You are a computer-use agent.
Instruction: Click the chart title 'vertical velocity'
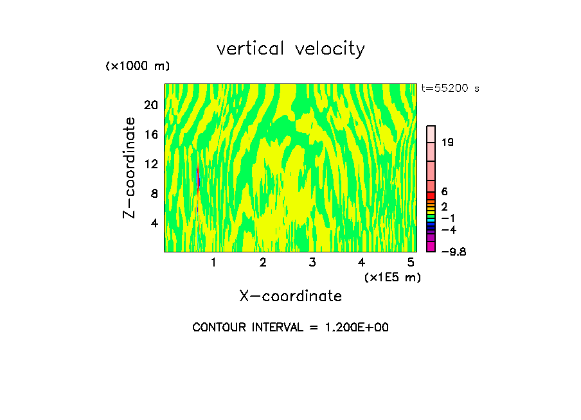coord(290,49)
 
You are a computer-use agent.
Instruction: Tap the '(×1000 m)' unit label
coord(137,66)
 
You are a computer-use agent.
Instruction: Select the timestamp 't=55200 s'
coord(450,89)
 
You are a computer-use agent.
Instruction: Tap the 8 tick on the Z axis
coord(154,193)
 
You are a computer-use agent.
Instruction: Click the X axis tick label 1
coord(213,263)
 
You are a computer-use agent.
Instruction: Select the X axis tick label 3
coord(312,263)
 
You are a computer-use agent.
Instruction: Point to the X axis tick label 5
coord(411,263)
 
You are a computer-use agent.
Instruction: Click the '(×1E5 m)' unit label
coord(392,277)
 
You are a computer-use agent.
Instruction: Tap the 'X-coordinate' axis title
coord(290,296)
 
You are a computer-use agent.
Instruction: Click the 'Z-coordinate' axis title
coord(130,168)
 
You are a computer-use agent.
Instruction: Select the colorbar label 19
coord(447,142)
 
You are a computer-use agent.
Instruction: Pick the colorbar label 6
coord(444,191)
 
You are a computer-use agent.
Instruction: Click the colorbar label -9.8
coord(453,252)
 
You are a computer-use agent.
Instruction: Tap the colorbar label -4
coord(449,229)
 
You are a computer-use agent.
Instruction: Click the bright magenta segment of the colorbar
coord(431,247)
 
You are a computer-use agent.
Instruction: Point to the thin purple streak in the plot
coord(198,177)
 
